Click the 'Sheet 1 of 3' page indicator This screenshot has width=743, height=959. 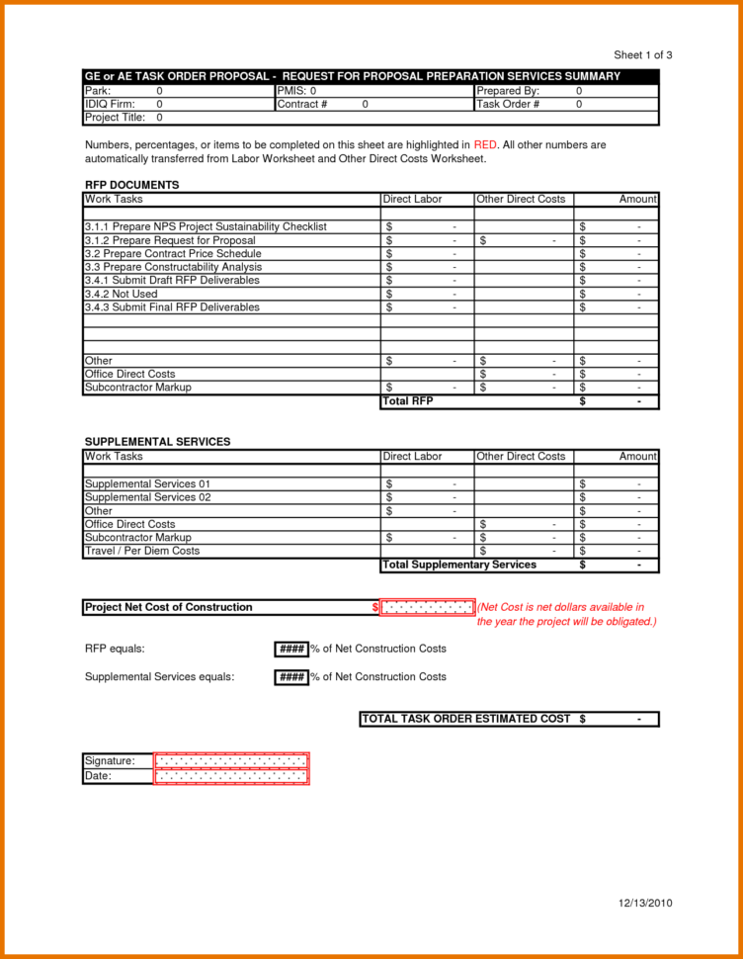tap(642, 55)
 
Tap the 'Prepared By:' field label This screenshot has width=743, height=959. tap(508, 90)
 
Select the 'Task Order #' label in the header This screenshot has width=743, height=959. tap(508, 104)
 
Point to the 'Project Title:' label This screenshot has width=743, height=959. tap(116, 118)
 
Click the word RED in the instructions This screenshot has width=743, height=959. tap(485, 145)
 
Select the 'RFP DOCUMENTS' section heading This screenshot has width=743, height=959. tap(131, 185)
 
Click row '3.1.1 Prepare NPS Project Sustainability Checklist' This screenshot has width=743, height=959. tap(206, 227)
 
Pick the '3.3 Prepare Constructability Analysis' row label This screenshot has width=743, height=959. tap(173, 267)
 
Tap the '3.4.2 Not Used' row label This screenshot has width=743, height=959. tap(121, 294)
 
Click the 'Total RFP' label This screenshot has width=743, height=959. tap(407, 401)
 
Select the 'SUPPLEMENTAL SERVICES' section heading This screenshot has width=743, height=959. tap(157, 442)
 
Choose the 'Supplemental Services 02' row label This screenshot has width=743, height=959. tap(147, 497)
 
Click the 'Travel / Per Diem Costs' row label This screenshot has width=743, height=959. tap(142, 551)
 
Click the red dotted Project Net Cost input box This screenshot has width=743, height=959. tap(427, 607)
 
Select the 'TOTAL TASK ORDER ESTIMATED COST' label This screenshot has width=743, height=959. tap(466, 719)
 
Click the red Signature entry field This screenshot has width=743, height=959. tap(231, 761)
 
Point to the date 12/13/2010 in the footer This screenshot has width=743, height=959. tap(645, 904)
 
